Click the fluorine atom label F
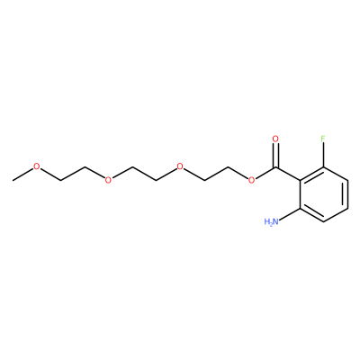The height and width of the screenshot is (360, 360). point(323,139)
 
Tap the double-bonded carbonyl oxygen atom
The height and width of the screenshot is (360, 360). point(275,139)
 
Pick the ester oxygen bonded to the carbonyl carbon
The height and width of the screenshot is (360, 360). point(251,180)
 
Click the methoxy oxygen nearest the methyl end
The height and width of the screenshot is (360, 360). point(37,166)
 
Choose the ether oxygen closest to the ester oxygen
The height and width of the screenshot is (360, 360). point(180,166)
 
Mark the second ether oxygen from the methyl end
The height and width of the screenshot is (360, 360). point(108,180)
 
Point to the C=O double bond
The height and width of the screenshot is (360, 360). point(275,155)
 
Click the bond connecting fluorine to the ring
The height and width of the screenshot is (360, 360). point(323,155)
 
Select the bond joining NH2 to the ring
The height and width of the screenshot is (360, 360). point(290,213)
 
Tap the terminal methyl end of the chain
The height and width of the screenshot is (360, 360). point(13,180)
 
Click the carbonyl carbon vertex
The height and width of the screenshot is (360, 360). point(276,167)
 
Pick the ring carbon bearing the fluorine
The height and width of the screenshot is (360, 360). point(323,166)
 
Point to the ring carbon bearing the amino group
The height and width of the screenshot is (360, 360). point(300,208)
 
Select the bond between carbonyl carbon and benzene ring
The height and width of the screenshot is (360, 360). point(288,174)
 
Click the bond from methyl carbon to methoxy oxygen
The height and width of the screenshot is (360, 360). point(22,175)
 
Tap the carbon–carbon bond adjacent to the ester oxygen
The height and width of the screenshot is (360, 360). point(216,174)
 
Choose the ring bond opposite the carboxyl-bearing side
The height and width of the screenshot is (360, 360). point(347,194)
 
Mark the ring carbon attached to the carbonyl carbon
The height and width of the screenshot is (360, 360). point(300,181)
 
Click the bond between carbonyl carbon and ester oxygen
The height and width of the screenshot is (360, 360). point(265,173)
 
